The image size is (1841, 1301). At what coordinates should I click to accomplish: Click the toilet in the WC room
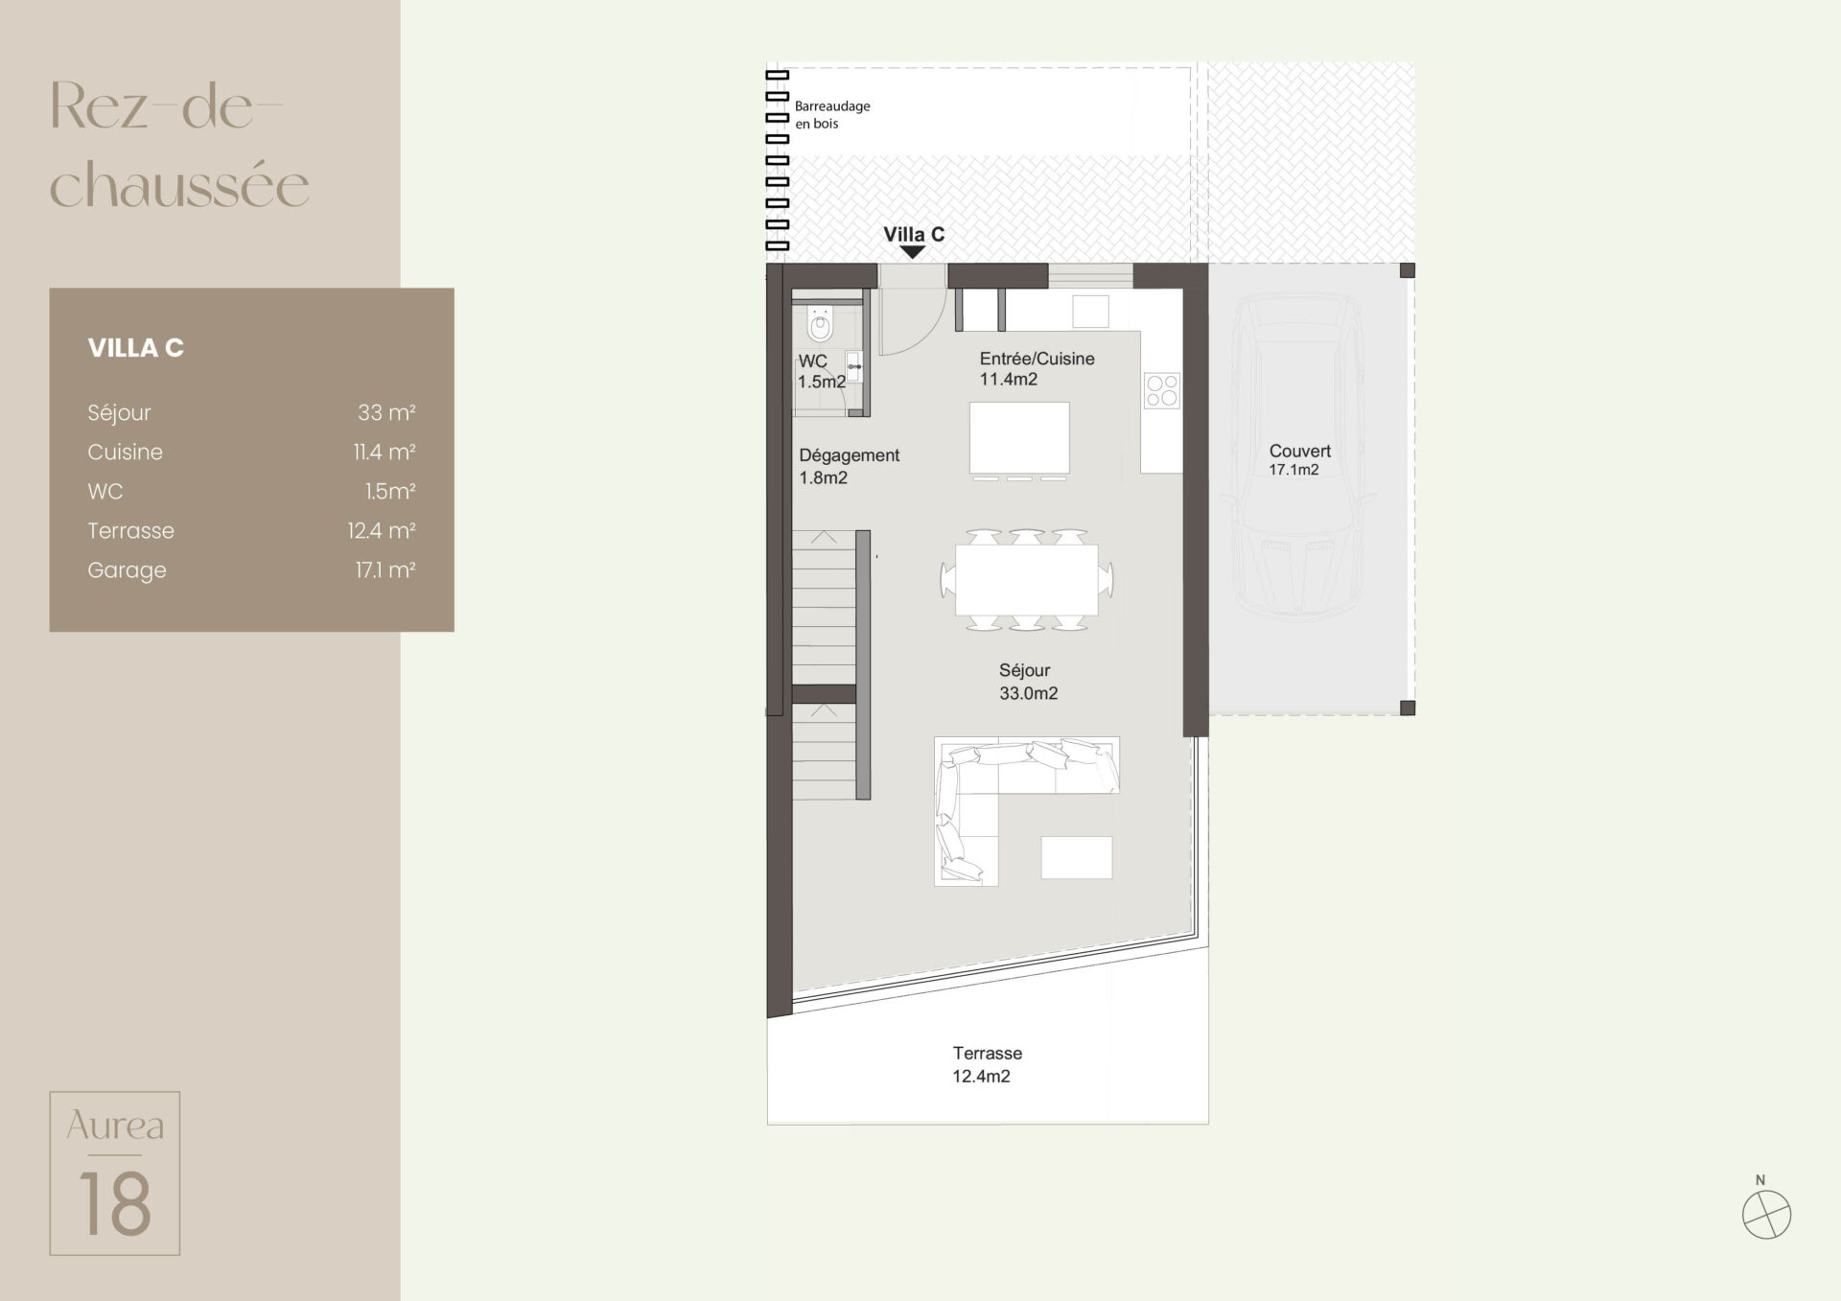(820, 323)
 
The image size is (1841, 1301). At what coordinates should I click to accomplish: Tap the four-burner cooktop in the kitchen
(1162, 391)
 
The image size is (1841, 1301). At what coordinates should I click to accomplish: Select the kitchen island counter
(1019, 438)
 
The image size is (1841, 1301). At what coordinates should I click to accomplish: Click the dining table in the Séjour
(1027, 579)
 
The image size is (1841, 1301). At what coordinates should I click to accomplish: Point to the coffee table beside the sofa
(1077, 857)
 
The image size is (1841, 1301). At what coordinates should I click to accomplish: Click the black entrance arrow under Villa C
(913, 252)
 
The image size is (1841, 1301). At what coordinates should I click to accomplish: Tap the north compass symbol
(1766, 1214)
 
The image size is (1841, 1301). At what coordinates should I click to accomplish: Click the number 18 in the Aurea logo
(115, 1203)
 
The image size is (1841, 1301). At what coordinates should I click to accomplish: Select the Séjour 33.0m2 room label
(1028, 682)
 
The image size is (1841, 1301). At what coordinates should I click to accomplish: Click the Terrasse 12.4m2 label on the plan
(987, 1064)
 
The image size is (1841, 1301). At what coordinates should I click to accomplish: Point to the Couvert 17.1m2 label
(1299, 459)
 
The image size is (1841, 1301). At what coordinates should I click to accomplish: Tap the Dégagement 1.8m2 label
(849, 466)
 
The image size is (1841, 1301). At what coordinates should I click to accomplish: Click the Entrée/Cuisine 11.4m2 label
(1037, 368)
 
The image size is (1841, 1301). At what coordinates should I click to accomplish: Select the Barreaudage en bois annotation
(832, 114)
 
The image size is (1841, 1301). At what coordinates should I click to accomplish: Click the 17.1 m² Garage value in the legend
(385, 569)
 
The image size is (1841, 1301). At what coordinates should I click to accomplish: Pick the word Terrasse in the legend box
(130, 530)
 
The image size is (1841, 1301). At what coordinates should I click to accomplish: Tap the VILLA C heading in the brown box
(135, 347)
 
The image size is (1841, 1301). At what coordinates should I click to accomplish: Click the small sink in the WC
(853, 367)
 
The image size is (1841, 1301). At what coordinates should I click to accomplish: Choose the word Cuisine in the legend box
(125, 452)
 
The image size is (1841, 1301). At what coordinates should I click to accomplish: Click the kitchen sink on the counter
(1090, 312)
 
